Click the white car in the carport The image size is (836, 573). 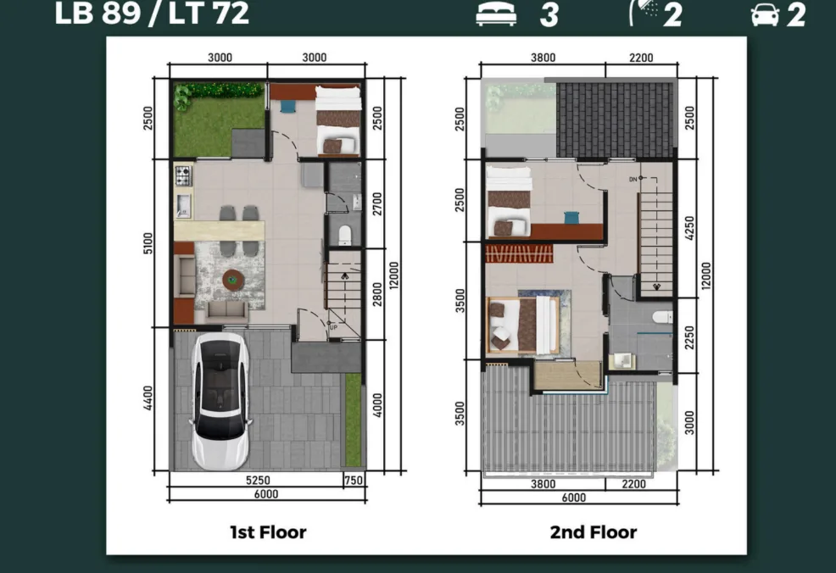point(220,402)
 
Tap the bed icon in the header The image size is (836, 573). point(496,14)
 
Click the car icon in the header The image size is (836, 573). point(765,15)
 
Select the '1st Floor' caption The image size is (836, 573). point(268,532)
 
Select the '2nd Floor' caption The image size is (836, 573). point(594,532)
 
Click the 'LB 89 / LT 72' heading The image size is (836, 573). point(152,13)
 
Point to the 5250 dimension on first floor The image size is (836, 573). point(258,481)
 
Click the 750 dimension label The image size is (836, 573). point(353,481)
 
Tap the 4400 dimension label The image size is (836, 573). point(148,398)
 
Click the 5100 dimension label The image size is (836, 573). point(148,243)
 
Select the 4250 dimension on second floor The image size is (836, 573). point(689,228)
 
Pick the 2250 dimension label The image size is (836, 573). point(689,338)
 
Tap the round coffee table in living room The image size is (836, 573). point(232,280)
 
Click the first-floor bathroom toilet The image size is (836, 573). point(345,236)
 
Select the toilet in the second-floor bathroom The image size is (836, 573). point(663,317)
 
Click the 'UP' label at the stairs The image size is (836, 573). point(334,327)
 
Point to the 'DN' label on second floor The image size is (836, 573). point(633,179)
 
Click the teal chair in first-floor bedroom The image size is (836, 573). point(287,107)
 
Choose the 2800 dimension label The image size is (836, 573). point(377,294)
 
